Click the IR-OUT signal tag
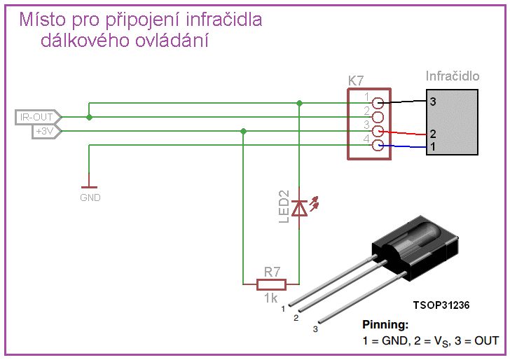point(38,117)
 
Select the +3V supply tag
point(47,132)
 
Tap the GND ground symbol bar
point(89,187)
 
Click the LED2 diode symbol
point(299,208)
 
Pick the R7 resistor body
point(272,284)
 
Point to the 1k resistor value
point(271,298)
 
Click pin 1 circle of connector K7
point(378,103)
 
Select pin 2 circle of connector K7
point(378,117)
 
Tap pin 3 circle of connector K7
point(378,132)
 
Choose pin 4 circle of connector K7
point(378,146)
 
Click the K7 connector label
point(356,81)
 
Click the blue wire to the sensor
point(403,146)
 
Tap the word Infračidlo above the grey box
point(453,76)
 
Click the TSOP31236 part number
point(441,305)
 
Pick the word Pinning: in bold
point(385,324)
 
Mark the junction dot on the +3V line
point(243,132)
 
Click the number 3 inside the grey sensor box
point(433,102)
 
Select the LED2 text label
point(284,207)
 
